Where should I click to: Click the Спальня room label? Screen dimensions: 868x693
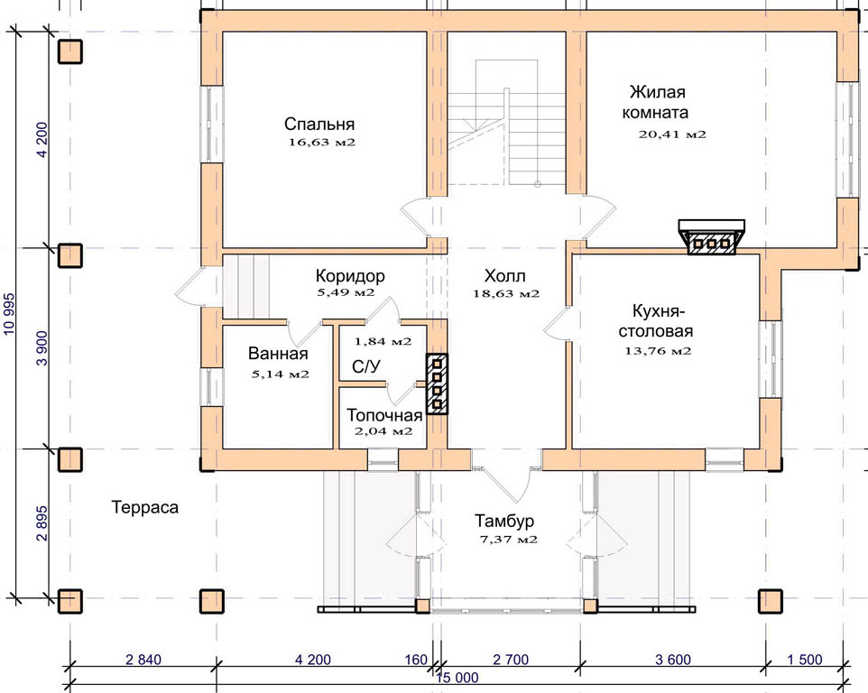coord(319,124)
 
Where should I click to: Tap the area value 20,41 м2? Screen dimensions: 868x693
coord(672,134)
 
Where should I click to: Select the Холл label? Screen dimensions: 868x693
coord(505,275)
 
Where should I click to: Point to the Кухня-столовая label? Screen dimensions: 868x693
coord(656,321)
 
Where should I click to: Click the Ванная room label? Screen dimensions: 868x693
coord(278,353)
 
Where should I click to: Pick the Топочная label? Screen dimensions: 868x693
coord(384,415)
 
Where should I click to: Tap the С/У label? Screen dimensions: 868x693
coord(366,366)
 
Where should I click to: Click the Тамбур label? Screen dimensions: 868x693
coord(504,521)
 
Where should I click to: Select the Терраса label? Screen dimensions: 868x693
coord(145,508)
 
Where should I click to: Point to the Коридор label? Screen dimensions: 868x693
coord(350,275)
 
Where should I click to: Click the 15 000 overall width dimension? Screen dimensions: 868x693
coord(457,678)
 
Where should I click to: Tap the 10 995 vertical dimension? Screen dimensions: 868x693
coord(9,313)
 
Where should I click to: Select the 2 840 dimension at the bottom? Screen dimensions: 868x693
coord(143,660)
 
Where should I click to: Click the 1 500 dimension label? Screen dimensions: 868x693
coord(804,660)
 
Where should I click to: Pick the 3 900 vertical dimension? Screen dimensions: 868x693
coord(42,350)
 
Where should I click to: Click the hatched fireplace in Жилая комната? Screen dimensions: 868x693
coord(712,237)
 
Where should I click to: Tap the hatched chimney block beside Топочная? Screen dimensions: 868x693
coord(437,383)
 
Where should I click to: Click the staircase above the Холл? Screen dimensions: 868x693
coord(506,123)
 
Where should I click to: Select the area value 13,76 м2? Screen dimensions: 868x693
coord(658,351)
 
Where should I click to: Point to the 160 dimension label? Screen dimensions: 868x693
coord(416,660)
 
